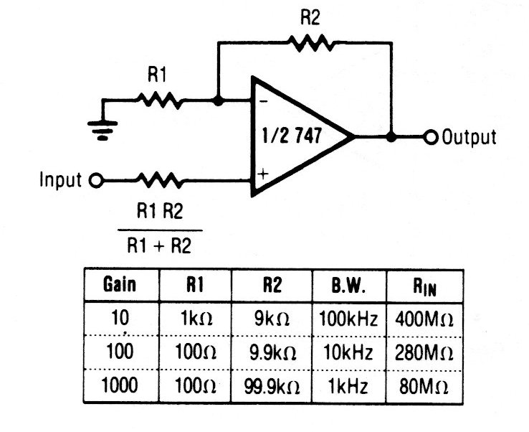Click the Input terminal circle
click(x=93, y=180)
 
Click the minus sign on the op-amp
click(x=263, y=102)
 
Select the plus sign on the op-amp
click(x=264, y=173)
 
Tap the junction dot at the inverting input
click(x=218, y=101)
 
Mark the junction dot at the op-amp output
click(x=391, y=136)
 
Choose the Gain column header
click(x=120, y=285)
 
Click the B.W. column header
click(x=348, y=285)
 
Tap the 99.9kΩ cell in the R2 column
click(x=273, y=387)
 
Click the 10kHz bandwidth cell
click(x=348, y=354)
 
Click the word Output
click(x=469, y=136)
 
